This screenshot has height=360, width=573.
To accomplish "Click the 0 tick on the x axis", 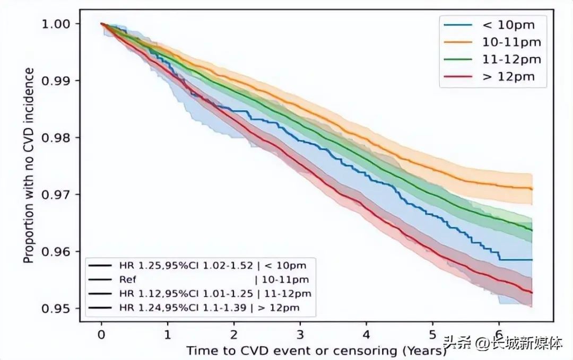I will click(101, 335).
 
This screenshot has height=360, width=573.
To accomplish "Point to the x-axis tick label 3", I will click(300, 335).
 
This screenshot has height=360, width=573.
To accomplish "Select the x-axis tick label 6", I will click(499, 335).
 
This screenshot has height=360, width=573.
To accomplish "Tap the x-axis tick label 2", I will click(234, 335).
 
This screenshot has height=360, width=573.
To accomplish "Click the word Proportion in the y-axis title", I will click(29, 233).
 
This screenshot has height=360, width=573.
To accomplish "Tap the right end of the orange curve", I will click(532, 189).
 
